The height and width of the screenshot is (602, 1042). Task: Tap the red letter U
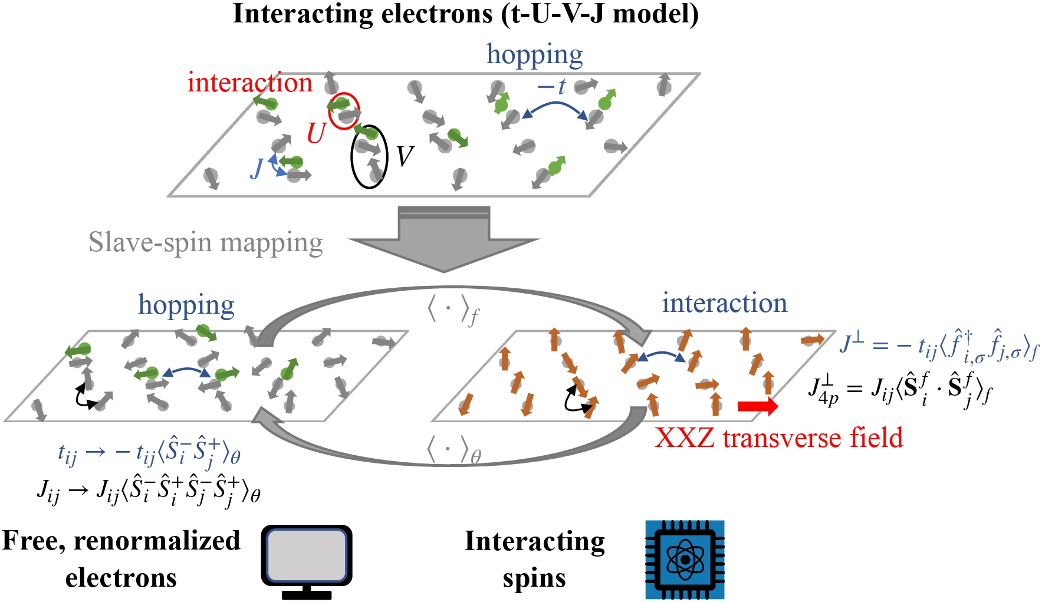(x=316, y=133)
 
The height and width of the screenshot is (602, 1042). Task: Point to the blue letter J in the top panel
(x=257, y=169)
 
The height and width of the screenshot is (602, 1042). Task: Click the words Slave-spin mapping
(x=205, y=242)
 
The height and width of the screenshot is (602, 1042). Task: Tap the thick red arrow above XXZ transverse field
(x=758, y=406)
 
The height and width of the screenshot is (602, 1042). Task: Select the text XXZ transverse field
(x=778, y=437)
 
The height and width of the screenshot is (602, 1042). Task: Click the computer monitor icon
(x=306, y=560)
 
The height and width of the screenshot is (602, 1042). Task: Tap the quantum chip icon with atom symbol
(x=685, y=559)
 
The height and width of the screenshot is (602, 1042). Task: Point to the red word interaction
(x=249, y=83)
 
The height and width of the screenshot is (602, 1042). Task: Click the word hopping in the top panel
(x=534, y=54)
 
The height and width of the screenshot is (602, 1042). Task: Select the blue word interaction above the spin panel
(x=724, y=303)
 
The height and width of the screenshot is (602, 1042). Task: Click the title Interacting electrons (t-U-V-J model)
(x=465, y=14)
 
